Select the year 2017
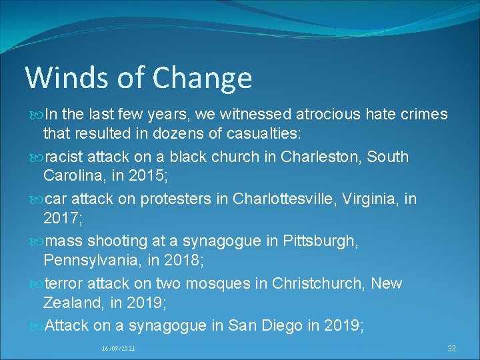[61, 218]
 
